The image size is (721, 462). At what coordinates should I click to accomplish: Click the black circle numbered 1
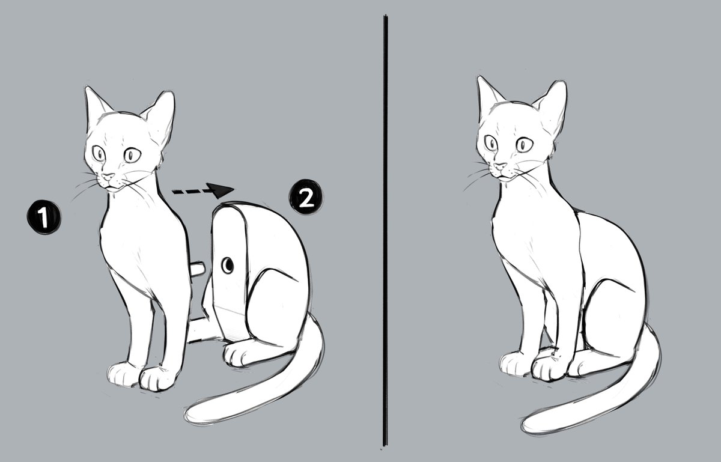pyautogui.click(x=43, y=217)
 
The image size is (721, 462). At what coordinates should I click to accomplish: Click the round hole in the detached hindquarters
pyautogui.click(x=228, y=265)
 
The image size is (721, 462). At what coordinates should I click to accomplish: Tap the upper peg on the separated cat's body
pyautogui.click(x=198, y=269)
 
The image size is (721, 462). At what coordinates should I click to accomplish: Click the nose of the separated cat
pyautogui.click(x=107, y=178)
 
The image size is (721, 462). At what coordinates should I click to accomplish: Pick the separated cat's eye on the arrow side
pyautogui.click(x=132, y=156)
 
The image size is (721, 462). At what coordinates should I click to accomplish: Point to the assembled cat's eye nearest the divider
pyautogui.click(x=491, y=143)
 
